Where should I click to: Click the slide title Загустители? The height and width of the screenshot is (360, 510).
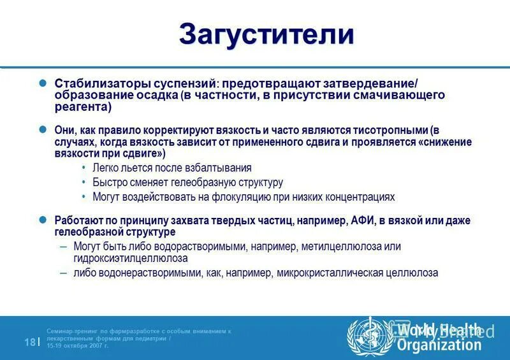(x=266, y=34)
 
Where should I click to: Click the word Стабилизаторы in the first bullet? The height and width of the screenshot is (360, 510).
(x=93, y=83)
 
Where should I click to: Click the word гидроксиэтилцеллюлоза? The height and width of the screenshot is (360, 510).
(x=130, y=259)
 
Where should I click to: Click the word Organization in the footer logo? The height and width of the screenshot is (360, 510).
(x=439, y=345)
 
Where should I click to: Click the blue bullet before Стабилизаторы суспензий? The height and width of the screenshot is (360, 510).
(x=43, y=83)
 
